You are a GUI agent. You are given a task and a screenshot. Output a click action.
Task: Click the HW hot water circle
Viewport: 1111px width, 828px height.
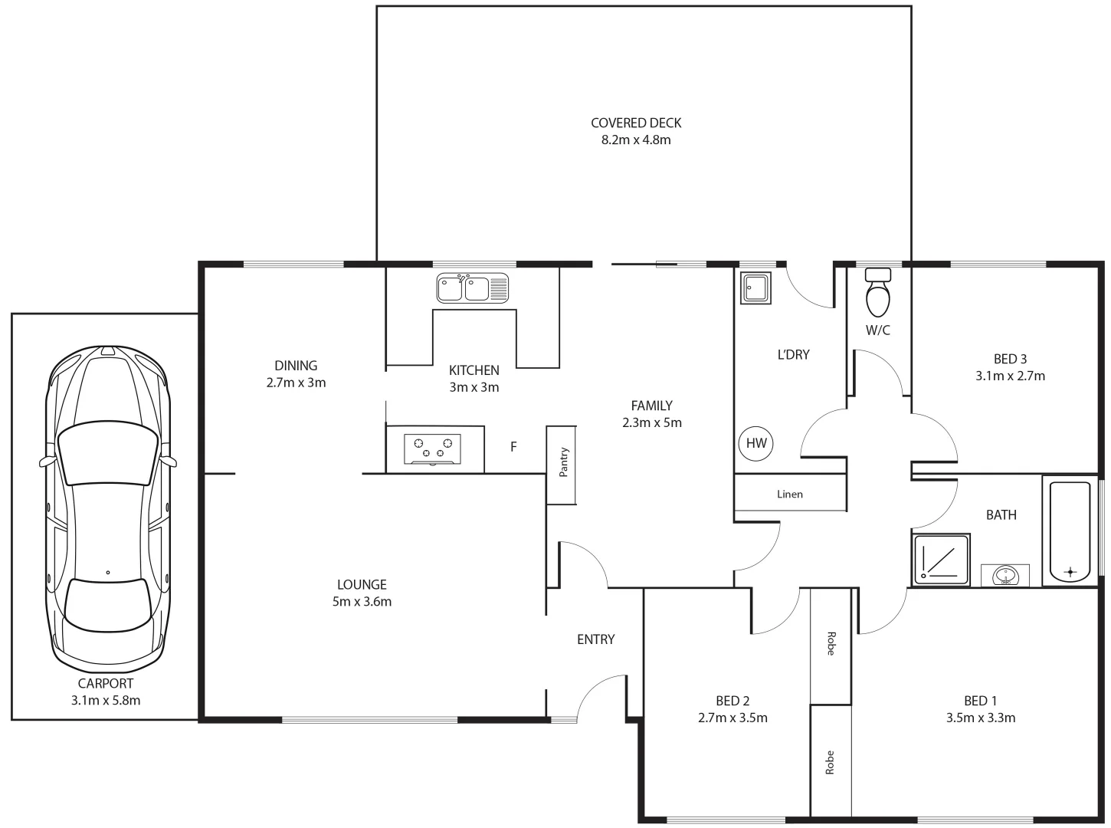[x=755, y=443]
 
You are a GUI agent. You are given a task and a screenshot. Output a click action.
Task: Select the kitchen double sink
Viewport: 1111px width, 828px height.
[x=472, y=288]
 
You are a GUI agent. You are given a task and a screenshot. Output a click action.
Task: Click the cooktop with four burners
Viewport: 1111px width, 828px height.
[x=433, y=449]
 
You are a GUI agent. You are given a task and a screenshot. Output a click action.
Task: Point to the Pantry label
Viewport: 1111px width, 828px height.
[x=563, y=462]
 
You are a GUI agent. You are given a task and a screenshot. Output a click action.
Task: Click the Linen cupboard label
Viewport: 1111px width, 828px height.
[x=790, y=495]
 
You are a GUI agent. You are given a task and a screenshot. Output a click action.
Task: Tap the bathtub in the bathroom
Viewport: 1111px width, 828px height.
[x=1070, y=531]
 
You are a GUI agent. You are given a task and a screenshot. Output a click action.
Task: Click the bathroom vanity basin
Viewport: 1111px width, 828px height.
[x=1004, y=575]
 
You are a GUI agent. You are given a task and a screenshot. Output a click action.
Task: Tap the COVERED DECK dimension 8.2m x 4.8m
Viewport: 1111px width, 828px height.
[x=636, y=140]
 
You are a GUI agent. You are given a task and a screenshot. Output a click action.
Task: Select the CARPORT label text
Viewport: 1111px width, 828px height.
[x=106, y=683]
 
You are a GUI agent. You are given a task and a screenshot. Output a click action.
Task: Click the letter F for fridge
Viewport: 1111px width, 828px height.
[x=513, y=446]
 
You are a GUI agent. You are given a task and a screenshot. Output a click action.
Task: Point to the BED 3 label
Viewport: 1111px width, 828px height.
[x=1010, y=359]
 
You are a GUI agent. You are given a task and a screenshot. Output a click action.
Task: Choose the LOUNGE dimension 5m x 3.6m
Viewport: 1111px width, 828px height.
[x=362, y=602]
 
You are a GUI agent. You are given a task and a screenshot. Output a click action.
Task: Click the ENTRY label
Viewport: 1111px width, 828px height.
[x=595, y=639]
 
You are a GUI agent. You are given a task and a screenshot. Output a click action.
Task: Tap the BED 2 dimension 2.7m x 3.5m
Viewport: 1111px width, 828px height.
[x=732, y=718]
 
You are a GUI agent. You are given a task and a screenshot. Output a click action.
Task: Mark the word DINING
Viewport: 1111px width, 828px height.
[x=296, y=366]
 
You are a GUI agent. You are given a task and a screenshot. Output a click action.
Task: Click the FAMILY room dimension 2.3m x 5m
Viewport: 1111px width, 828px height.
[x=651, y=422]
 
